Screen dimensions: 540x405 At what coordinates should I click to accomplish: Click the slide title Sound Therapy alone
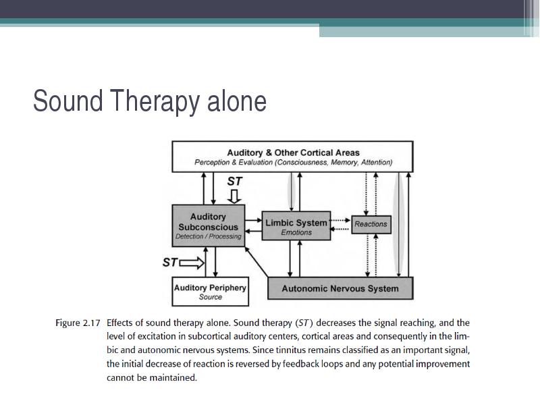(150, 101)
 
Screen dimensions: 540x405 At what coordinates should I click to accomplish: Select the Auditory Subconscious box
(209, 225)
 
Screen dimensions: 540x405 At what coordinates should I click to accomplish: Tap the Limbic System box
(296, 225)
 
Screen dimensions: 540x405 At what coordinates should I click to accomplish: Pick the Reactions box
(371, 225)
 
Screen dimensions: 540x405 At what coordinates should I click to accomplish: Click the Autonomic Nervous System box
(340, 288)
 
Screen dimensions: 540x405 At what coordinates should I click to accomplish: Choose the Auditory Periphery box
(210, 292)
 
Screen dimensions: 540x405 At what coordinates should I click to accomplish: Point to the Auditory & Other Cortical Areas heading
(293, 153)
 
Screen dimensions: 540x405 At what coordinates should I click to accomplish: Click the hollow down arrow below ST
(234, 196)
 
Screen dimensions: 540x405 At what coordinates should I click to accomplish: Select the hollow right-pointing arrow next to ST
(192, 263)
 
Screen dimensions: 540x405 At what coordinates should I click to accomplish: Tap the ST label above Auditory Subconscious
(235, 181)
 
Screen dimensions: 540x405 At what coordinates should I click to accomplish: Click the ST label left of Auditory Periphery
(170, 263)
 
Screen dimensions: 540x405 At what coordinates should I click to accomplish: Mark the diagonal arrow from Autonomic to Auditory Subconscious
(256, 262)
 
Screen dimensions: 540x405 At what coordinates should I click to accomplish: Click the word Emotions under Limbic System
(296, 232)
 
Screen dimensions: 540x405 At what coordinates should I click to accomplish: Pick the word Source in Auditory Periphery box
(211, 297)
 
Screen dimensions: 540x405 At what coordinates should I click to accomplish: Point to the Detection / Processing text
(209, 237)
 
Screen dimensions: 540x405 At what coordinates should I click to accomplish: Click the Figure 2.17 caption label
(78, 323)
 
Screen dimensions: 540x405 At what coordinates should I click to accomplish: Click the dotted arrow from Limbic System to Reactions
(340, 220)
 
